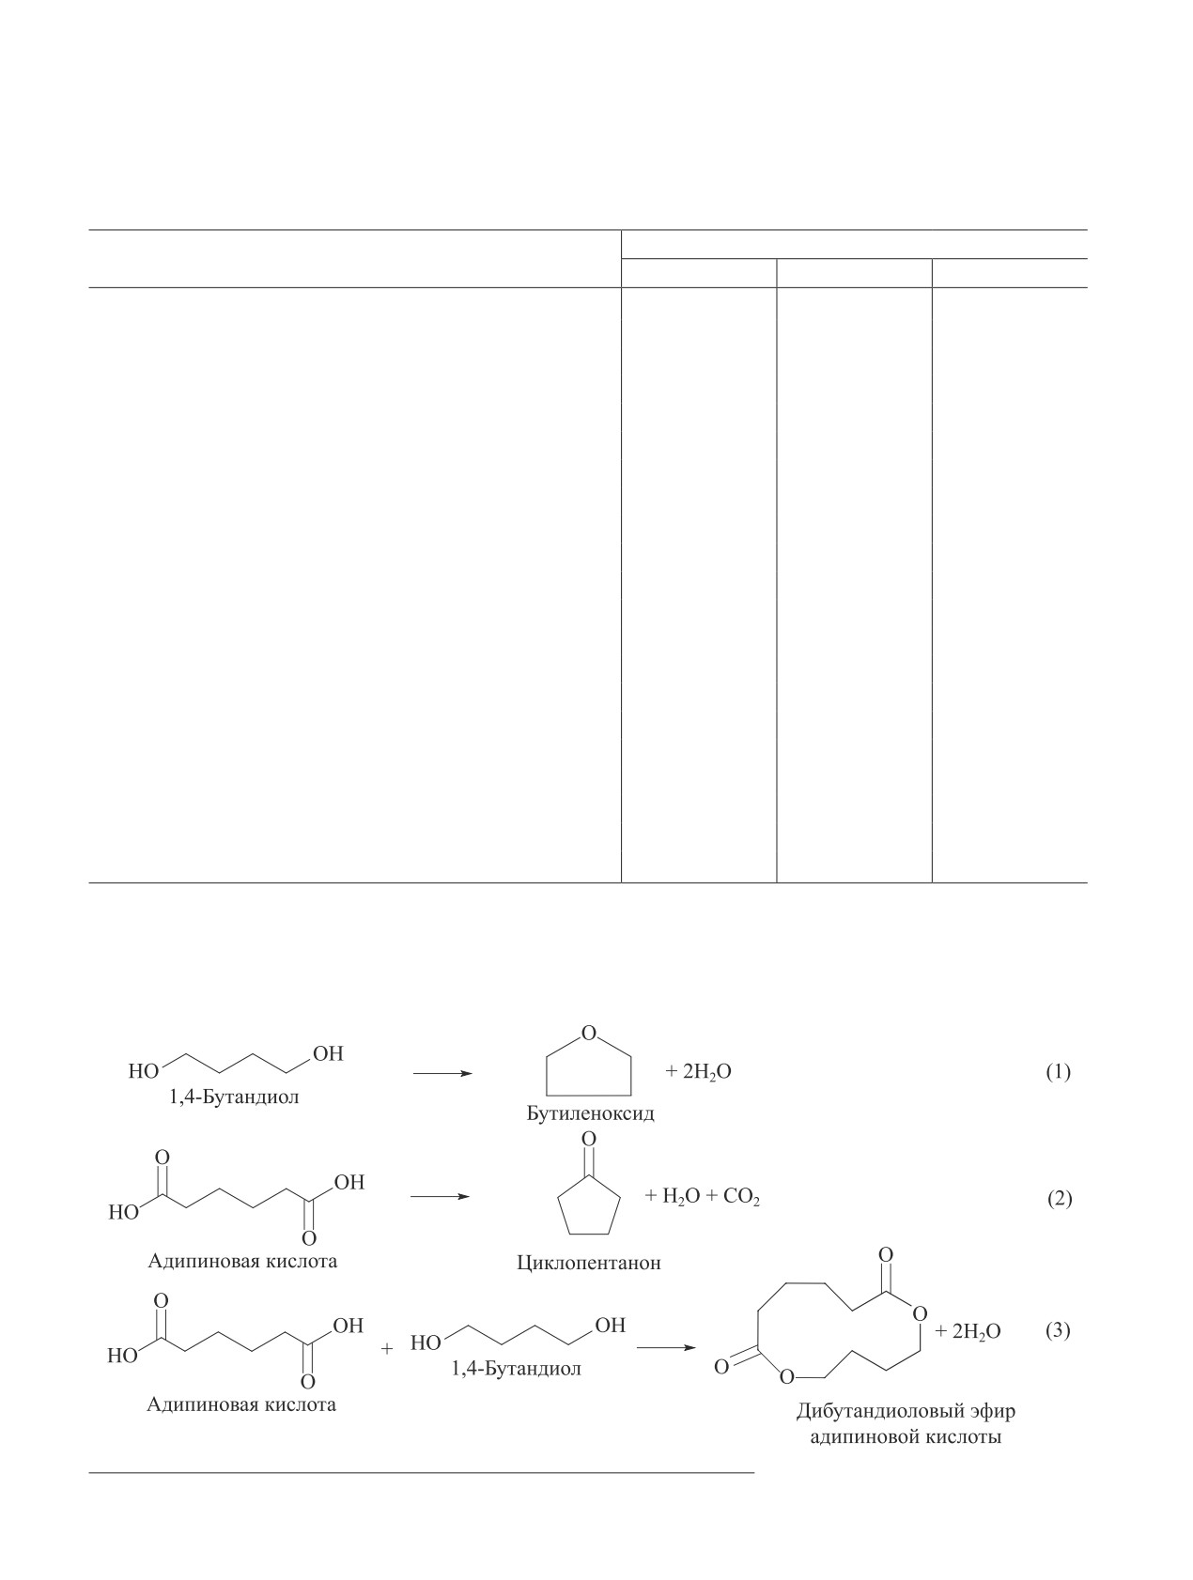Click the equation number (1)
pos(1058,1072)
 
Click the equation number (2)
pos(1059,1199)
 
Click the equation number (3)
pos(1058,1330)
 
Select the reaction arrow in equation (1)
pos(442,1073)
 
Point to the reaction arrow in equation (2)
pos(440,1197)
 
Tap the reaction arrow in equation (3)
pos(666,1348)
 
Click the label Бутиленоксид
pos(590,1114)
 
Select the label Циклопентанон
pos(589,1263)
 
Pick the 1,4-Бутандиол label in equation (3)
pos(516,1369)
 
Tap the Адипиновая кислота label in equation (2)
pos(242,1261)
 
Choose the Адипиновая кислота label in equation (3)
pos(241,1405)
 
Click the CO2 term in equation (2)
pos(741,1198)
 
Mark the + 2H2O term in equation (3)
pos(968,1332)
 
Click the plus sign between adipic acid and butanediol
pos(386,1349)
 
